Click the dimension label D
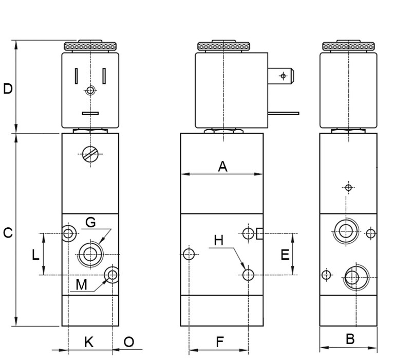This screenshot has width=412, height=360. pos(8,89)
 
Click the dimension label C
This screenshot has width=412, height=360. pos(8,233)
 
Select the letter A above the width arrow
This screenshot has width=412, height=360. pos(222,166)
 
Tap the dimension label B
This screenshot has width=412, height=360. pos(350,339)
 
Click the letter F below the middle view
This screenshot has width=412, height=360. pos(219,341)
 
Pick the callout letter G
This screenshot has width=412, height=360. pos(90,222)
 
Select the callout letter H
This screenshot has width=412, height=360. pos(219,240)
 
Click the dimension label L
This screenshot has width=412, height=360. pos(35,255)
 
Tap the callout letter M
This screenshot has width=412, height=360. pos(81,284)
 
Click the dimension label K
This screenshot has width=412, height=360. pos(88,341)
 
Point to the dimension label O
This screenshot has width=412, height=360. pos(128,341)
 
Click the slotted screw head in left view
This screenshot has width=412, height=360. pos(90,153)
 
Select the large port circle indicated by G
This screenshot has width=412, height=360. pos(91,254)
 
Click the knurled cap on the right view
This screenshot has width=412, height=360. pos(348,46)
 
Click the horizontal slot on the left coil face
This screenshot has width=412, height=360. pos(90,114)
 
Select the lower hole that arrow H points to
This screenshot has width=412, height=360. pos(249,275)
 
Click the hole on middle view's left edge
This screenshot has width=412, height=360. pos(189,254)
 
